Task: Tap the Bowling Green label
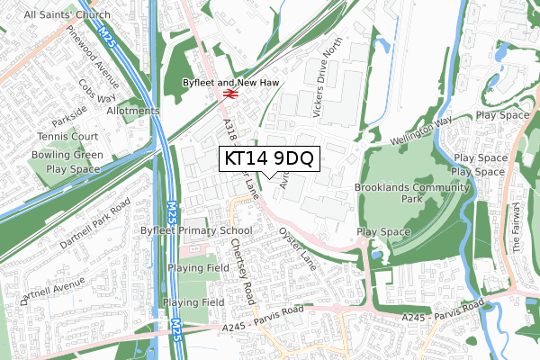pyautogui.click(x=69, y=155)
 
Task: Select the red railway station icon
pyautogui.click(x=229, y=93)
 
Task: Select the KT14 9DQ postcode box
pyautogui.click(x=269, y=158)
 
